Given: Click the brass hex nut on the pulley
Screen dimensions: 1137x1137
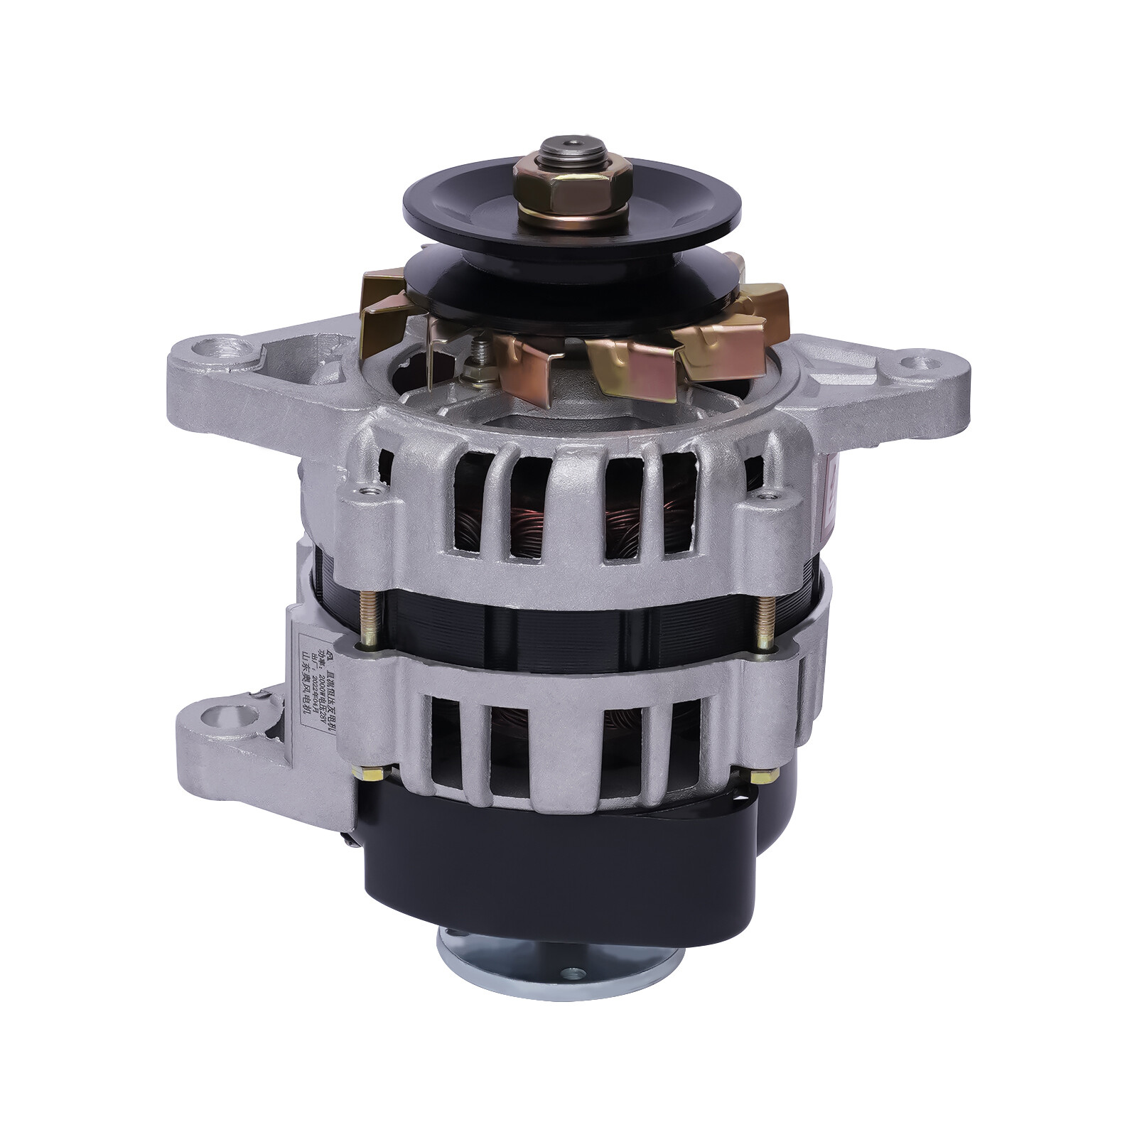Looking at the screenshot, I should [x=573, y=187].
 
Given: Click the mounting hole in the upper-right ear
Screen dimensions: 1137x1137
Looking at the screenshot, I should [x=916, y=363].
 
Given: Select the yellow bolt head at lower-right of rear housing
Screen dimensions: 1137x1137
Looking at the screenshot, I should [x=764, y=776].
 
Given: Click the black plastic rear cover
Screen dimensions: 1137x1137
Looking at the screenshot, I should [x=554, y=874].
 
